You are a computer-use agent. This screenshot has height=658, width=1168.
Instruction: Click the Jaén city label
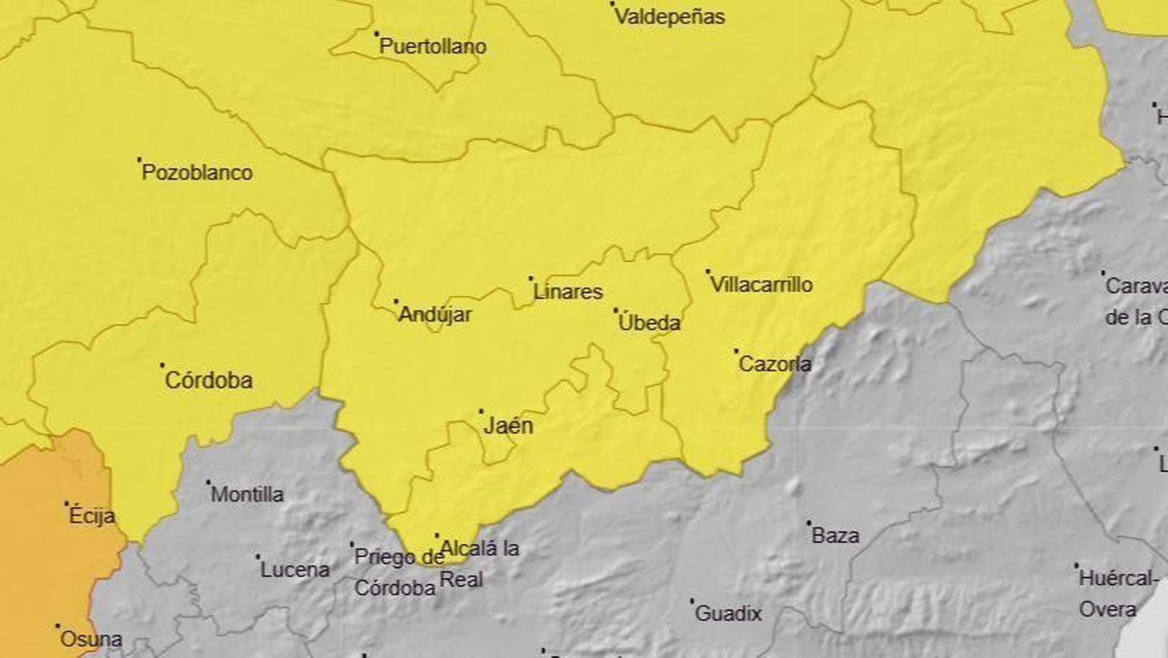click(x=509, y=426)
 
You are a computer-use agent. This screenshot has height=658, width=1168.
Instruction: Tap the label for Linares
click(x=568, y=292)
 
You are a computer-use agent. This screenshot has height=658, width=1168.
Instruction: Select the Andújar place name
click(x=435, y=315)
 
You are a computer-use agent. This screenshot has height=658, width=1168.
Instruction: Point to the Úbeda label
click(x=649, y=323)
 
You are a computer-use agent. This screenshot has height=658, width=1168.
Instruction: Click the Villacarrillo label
click(x=761, y=285)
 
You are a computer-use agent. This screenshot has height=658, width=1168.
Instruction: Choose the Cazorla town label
click(x=775, y=364)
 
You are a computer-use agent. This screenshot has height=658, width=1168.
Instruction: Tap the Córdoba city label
click(x=209, y=380)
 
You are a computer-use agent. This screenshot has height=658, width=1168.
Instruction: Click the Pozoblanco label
click(x=197, y=173)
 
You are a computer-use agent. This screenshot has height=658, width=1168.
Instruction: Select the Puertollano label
click(x=433, y=47)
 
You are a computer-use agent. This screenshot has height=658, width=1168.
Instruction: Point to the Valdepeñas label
click(x=669, y=17)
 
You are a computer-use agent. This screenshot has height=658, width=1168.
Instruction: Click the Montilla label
click(x=247, y=494)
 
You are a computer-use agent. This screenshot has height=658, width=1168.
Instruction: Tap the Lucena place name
click(x=295, y=570)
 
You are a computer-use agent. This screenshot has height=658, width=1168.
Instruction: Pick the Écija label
click(x=92, y=516)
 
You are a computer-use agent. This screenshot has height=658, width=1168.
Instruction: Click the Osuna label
click(x=91, y=640)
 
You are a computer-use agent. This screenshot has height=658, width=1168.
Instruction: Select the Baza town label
click(x=836, y=536)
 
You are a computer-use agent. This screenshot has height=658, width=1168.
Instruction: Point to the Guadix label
click(x=729, y=613)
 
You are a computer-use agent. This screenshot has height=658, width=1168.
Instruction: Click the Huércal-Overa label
click(x=1117, y=594)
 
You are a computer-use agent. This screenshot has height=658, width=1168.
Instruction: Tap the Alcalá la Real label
click(x=479, y=564)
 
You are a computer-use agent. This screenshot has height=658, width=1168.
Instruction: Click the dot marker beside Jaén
click(x=481, y=411)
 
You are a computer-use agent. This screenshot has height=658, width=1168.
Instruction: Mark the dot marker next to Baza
click(x=809, y=523)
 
